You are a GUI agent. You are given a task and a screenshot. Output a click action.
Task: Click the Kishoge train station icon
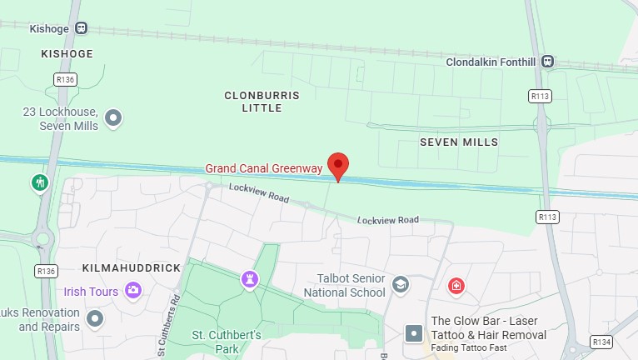81,27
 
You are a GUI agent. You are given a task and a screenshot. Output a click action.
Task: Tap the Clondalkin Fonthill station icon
547,61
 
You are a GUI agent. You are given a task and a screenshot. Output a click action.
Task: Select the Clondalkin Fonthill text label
491,62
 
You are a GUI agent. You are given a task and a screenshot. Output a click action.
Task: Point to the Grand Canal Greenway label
264,168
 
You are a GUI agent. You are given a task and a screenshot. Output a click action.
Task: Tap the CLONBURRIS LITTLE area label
262,102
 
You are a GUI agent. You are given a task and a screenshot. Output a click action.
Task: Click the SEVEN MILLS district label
459,142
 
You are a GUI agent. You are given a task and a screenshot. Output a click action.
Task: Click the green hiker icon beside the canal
39,182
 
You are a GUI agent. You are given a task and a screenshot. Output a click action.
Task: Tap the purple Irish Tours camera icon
132,290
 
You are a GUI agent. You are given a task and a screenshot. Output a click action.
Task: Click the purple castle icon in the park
249,278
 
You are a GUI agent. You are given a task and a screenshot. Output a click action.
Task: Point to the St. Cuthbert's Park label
227,342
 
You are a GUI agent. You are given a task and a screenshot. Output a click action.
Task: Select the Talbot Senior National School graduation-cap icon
401,285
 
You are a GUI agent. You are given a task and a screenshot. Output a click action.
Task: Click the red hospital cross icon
456,287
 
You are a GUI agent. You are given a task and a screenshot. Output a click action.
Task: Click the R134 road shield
601,342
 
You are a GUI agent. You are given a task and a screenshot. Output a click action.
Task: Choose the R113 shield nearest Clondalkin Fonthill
541,97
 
